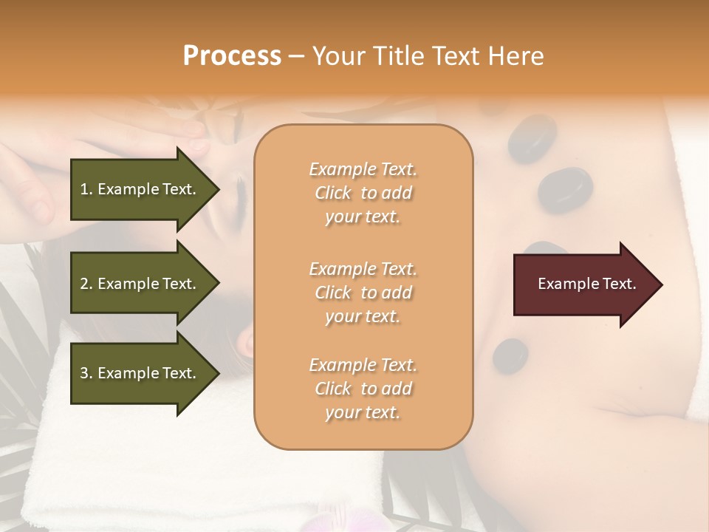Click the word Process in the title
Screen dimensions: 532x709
pyautogui.click(x=232, y=56)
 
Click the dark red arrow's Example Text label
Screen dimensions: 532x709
pyautogui.click(x=586, y=284)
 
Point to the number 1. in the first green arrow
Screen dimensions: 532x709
pyautogui.click(x=86, y=189)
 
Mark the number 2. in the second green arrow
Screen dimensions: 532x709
pyautogui.click(x=86, y=284)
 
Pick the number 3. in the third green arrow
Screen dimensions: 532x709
pyautogui.click(x=86, y=373)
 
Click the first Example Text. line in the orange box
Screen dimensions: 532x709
pyautogui.click(x=363, y=169)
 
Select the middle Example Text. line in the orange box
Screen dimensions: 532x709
pyautogui.click(x=363, y=269)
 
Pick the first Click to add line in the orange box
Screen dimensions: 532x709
pyautogui.click(x=363, y=193)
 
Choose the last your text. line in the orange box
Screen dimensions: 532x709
pyautogui.click(x=363, y=412)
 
